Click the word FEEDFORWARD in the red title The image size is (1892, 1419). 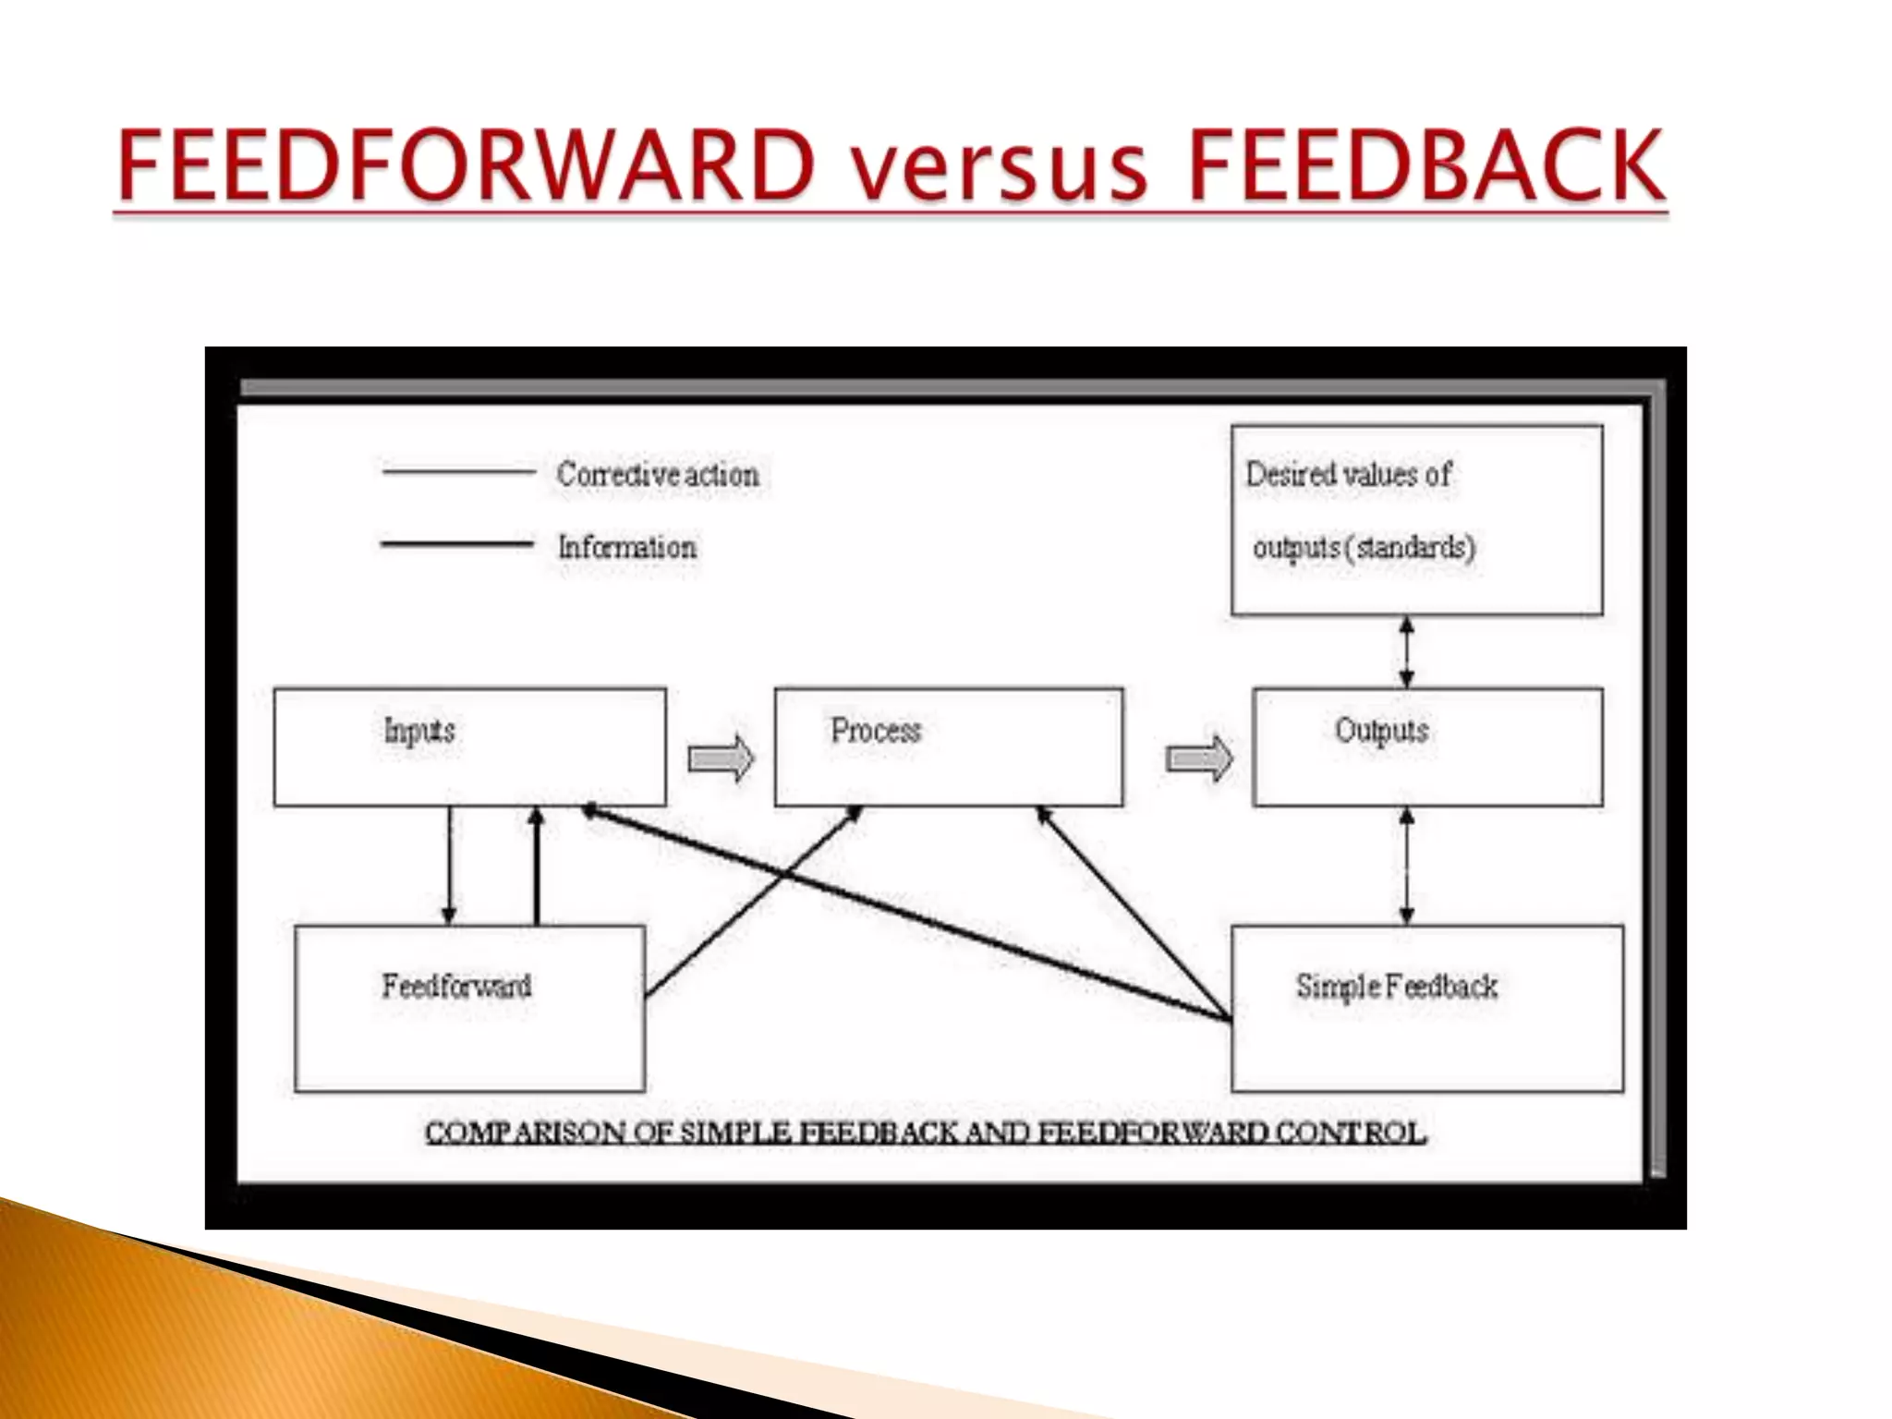coord(467,166)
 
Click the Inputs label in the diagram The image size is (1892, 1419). coord(419,731)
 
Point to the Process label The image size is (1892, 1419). coord(876,731)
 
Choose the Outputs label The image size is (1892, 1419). coord(1381,731)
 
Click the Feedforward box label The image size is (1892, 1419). coord(456,986)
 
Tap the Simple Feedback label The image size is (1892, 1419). coord(1396,987)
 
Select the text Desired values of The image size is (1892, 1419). coord(1348,475)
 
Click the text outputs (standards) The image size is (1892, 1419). coord(1364,548)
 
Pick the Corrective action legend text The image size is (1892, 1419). coord(658,475)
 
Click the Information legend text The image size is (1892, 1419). coord(627,547)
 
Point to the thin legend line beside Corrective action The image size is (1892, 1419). coord(458,472)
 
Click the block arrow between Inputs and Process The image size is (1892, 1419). coord(721,758)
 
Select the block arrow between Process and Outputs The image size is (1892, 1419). coord(1199,758)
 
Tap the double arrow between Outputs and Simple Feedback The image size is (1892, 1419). coord(1407,866)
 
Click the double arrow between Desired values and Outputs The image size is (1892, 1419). coord(1407,652)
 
